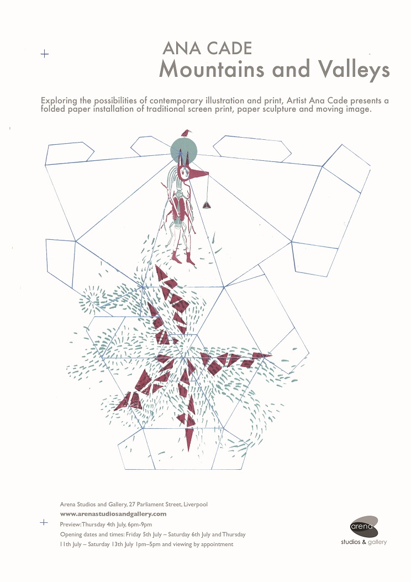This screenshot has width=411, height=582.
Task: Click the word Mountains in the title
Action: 212,69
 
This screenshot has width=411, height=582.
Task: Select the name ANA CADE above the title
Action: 207,48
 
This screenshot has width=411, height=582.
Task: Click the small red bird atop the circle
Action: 186,133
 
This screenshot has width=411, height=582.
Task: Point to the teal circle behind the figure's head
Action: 183,150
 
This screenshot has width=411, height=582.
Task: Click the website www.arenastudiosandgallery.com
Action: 113,514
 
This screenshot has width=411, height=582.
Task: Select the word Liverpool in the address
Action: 196,505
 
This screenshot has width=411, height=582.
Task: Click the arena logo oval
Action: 364,526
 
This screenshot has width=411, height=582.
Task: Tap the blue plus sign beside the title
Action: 45,54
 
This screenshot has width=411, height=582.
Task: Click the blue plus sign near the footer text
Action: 44,522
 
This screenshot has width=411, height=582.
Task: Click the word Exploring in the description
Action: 59,101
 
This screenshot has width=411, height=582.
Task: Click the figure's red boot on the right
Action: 190,259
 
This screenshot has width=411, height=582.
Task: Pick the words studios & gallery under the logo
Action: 364,542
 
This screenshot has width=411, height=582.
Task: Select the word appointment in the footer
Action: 217,544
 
